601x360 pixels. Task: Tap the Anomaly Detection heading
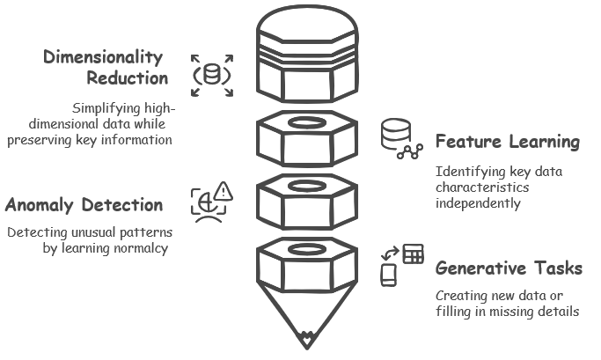(x=84, y=206)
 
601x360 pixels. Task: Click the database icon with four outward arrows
(x=212, y=75)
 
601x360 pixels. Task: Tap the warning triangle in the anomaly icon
(x=223, y=191)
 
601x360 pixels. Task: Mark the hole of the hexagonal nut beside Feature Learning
(x=306, y=121)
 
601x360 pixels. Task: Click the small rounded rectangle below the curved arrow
(x=388, y=276)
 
